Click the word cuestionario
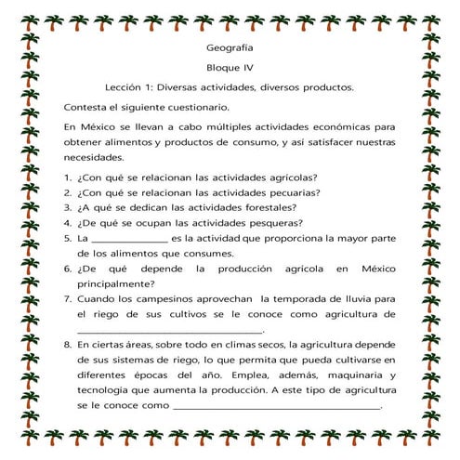pyautogui.click(x=173, y=108)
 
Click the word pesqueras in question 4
pyautogui.click(x=270, y=222)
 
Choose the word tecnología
pyautogui.click(x=106, y=389)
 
